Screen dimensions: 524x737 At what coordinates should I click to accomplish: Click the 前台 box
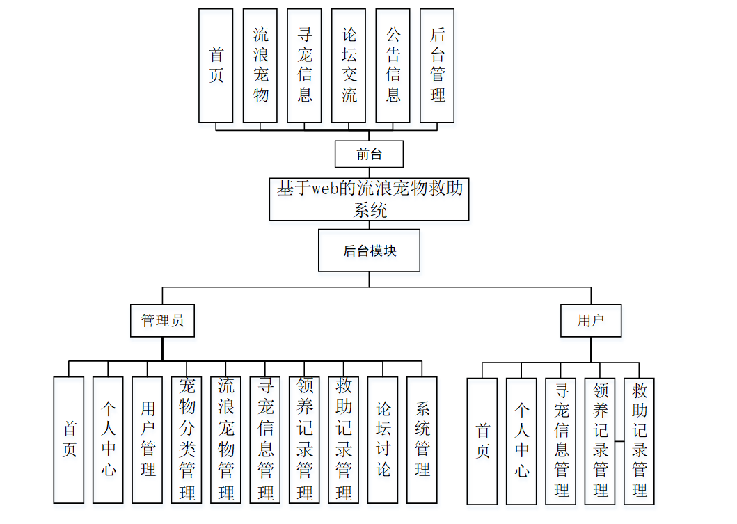369,154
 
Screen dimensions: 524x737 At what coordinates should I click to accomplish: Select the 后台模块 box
369,251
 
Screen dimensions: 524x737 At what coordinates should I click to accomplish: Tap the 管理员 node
162,321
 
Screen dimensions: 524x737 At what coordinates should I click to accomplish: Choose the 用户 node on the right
590,321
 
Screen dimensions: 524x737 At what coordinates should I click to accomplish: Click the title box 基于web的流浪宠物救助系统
369,199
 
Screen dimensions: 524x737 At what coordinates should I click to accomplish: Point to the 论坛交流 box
349,65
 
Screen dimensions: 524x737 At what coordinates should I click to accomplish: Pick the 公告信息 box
393,65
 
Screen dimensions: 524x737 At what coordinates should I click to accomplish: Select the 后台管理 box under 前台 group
437,65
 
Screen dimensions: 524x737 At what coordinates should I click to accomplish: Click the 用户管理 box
147,440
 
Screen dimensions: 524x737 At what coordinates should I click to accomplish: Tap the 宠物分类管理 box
187,440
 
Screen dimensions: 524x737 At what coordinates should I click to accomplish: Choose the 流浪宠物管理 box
225,440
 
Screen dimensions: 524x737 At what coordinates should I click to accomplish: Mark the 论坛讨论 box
383,440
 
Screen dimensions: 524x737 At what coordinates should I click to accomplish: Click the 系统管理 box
422,440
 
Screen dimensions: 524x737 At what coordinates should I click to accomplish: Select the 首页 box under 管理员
69,440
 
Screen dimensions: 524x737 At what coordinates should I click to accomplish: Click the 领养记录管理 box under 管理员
304,440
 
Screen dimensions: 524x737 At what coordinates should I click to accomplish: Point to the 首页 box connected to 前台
216,65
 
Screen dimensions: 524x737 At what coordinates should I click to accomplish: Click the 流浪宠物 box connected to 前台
260,65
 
